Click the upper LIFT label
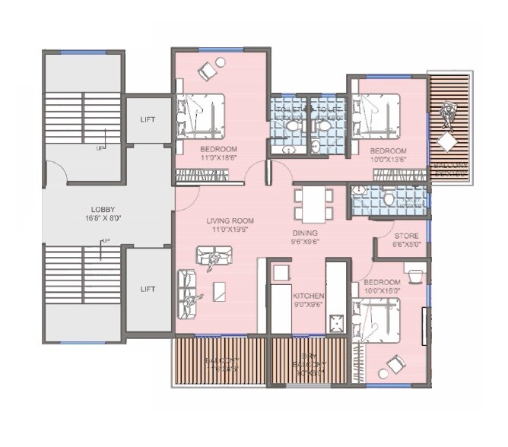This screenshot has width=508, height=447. pyautogui.click(x=148, y=119)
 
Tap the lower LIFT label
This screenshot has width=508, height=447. pyautogui.click(x=148, y=289)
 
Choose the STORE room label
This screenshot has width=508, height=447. pyautogui.click(x=404, y=236)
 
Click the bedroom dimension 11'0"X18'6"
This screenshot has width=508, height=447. pyautogui.click(x=218, y=158)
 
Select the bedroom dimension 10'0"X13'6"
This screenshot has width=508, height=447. pyautogui.click(x=388, y=160)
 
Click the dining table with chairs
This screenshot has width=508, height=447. pyautogui.click(x=314, y=204)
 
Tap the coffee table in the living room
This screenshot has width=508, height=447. pyautogui.click(x=219, y=290)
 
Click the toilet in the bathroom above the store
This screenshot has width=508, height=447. pyautogui.click(x=389, y=200)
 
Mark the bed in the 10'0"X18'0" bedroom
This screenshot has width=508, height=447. pyautogui.click(x=378, y=320)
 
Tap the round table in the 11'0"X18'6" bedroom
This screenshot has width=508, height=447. pyautogui.click(x=221, y=62)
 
